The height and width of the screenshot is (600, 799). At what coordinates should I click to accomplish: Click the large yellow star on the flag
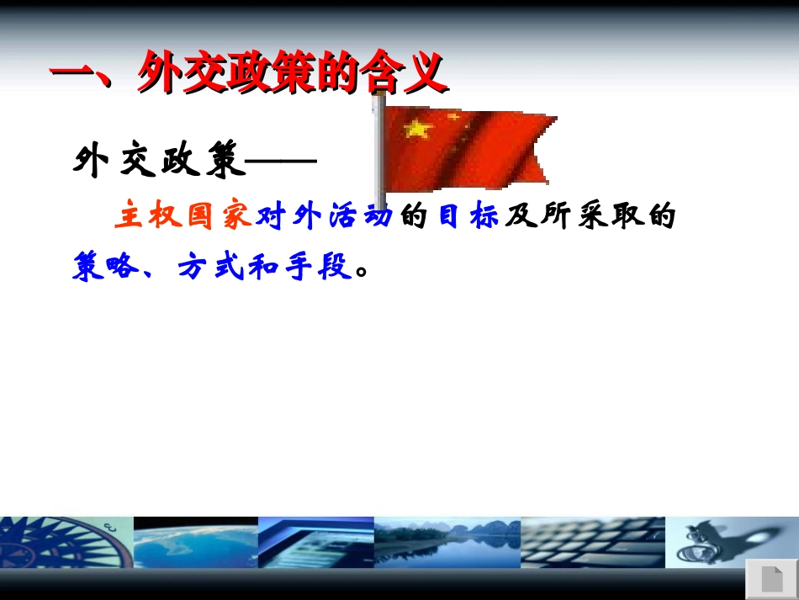418,129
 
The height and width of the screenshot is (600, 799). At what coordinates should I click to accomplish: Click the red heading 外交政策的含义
293,72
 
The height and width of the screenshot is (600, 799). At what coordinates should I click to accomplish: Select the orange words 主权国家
184,215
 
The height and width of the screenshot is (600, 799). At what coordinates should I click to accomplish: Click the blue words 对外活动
325,215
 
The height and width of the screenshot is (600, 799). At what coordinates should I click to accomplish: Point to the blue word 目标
468,215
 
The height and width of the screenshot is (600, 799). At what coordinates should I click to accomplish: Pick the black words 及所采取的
590,215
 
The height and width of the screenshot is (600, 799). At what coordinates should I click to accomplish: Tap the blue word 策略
105,266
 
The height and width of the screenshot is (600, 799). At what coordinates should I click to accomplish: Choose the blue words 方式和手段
266,266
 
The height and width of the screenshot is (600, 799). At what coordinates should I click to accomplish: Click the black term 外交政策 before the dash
159,159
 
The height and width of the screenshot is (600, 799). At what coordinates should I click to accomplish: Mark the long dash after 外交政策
281,161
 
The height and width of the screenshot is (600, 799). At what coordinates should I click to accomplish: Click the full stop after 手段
362,271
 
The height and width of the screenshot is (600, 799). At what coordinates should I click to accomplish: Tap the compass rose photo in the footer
66,543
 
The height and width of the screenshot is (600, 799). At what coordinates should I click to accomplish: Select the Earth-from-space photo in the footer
196,543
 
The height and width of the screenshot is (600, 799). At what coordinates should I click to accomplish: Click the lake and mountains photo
447,543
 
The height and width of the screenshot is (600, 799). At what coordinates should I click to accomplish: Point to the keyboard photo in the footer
593,543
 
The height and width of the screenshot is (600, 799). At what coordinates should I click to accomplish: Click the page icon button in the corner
772,579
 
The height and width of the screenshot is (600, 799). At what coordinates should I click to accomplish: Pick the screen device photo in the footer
316,543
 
